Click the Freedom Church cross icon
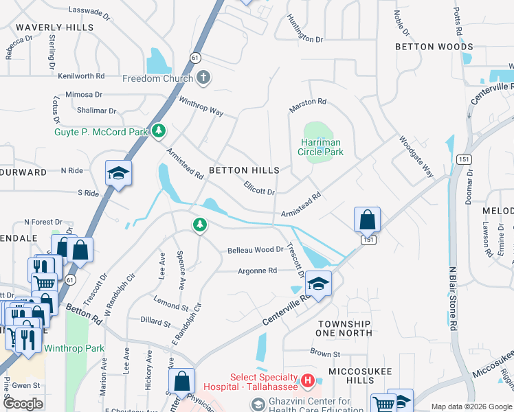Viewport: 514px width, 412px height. (x=203, y=78)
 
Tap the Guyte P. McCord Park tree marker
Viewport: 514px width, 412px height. (x=159, y=130)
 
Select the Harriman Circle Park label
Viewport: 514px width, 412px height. (x=320, y=147)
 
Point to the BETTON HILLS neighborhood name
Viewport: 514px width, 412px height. (x=244, y=170)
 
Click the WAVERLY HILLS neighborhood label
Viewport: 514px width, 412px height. (x=54, y=27)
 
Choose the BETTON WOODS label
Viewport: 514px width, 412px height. (x=434, y=47)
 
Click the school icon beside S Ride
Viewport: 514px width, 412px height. (x=118, y=174)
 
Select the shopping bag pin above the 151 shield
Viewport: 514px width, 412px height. (x=368, y=220)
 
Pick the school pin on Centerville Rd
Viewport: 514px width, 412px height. (x=318, y=283)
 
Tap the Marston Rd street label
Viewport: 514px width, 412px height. (x=308, y=102)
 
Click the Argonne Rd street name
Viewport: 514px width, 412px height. (x=257, y=271)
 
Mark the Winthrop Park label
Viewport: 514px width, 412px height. (x=74, y=348)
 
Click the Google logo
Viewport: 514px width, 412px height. (x=23, y=403)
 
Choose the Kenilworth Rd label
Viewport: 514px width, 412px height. (x=81, y=76)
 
